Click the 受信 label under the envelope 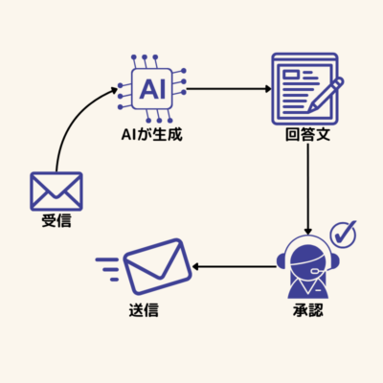tap(56, 220)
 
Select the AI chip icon tap(152, 89)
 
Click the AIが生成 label tap(151, 134)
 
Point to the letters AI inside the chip tap(152, 89)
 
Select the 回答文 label tap(307, 134)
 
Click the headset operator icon tap(307, 268)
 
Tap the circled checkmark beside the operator tap(344, 234)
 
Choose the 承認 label tap(308, 309)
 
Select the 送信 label tap(144, 309)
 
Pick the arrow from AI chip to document tap(229, 89)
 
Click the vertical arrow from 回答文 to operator tap(307, 190)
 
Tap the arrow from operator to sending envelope tap(235, 266)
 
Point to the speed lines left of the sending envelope tap(107, 269)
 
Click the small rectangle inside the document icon tap(291, 75)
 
